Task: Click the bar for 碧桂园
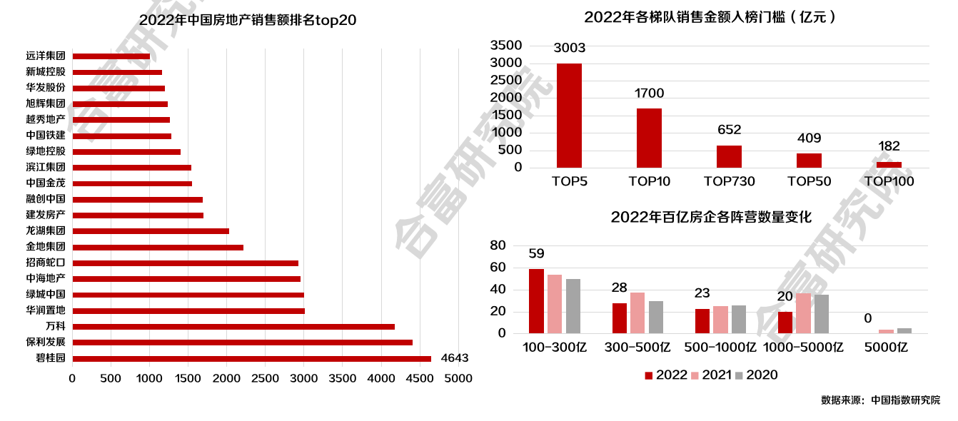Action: (251, 359)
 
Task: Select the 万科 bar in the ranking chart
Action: (233, 327)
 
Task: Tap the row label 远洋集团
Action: (45, 56)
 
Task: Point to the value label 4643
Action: (455, 358)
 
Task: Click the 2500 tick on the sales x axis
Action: (265, 378)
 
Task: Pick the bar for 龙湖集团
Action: (151, 231)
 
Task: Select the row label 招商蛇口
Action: (45, 263)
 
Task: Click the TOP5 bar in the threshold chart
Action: (569, 116)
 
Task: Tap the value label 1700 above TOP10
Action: (649, 93)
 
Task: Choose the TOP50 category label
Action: (809, 181)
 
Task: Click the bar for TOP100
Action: (889, 165)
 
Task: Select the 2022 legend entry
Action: (665, 375)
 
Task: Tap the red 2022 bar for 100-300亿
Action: (536, 301)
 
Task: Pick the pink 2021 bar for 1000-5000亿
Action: (803, 313)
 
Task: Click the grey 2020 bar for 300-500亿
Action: (656, 317)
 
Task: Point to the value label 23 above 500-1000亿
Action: (702, 293)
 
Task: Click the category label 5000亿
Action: (886, 348)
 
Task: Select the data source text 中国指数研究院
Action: (905, 400)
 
